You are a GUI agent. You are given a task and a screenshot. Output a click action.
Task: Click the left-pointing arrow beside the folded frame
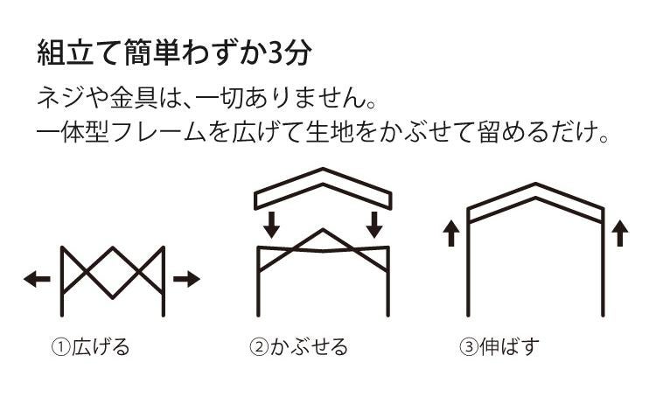click(37, 279)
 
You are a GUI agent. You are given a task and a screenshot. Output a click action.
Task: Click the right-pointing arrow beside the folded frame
click(186, 279)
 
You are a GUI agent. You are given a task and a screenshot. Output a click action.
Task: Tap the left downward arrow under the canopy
click(272, 225)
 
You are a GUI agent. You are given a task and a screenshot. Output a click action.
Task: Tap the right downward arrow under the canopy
click(375, 225)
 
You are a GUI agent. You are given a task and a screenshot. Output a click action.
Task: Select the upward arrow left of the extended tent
click(451, 233)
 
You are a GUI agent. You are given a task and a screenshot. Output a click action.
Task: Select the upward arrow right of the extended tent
click(620, 233)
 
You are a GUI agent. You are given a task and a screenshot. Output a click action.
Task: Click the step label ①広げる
click(90, 347)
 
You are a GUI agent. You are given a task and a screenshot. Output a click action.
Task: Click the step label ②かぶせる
click(298, 347)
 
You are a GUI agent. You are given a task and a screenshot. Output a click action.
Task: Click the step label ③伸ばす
click(499, 347)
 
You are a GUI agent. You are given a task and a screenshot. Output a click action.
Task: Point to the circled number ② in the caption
click(258, 348)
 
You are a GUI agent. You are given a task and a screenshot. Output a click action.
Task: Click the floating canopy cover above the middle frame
click(324, 186)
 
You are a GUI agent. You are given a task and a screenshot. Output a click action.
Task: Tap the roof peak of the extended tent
click(536, 187)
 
